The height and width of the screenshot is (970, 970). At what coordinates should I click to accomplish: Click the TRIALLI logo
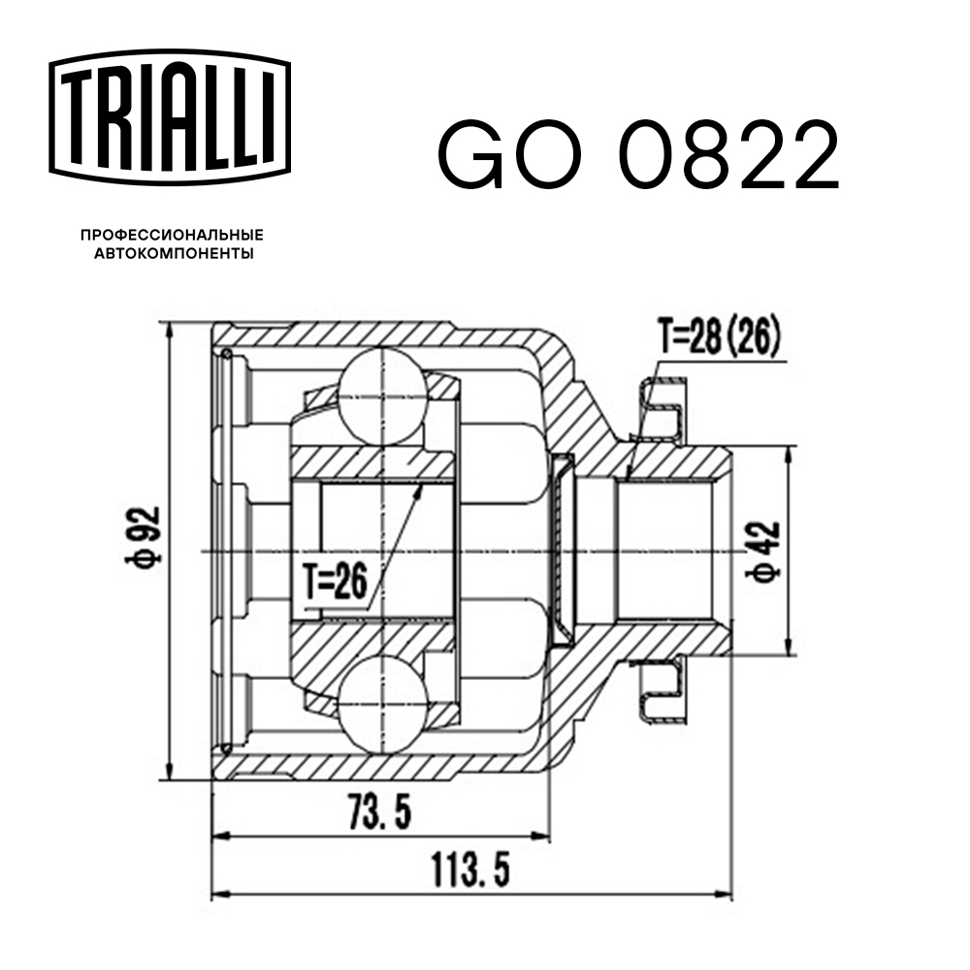(170, 114)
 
